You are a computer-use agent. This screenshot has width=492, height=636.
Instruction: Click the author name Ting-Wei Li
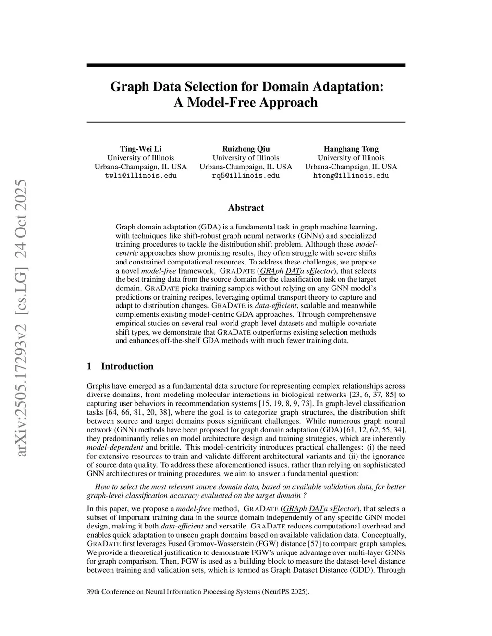pos(140,149)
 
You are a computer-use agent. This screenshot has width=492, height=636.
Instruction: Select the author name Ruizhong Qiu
pos(246,149)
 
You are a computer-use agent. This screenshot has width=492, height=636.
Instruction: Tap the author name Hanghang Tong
pos(351,149)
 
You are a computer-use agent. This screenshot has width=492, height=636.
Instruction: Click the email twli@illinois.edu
pos(140,176)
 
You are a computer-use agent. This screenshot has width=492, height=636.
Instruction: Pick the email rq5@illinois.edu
pos(246,176)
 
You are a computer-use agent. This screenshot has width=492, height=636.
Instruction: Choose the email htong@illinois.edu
pos(351,176)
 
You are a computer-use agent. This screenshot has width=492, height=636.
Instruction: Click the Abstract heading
pos(246,208)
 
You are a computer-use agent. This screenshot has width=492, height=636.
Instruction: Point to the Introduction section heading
pos(127,366)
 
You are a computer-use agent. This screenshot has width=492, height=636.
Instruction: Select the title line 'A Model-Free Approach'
pos(246,103)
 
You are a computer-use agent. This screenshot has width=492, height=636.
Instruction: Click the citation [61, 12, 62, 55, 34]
pos(372,430)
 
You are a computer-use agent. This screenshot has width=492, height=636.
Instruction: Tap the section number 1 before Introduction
pos(89,366)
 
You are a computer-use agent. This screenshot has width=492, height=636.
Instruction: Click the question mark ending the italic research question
pos(305,496)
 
